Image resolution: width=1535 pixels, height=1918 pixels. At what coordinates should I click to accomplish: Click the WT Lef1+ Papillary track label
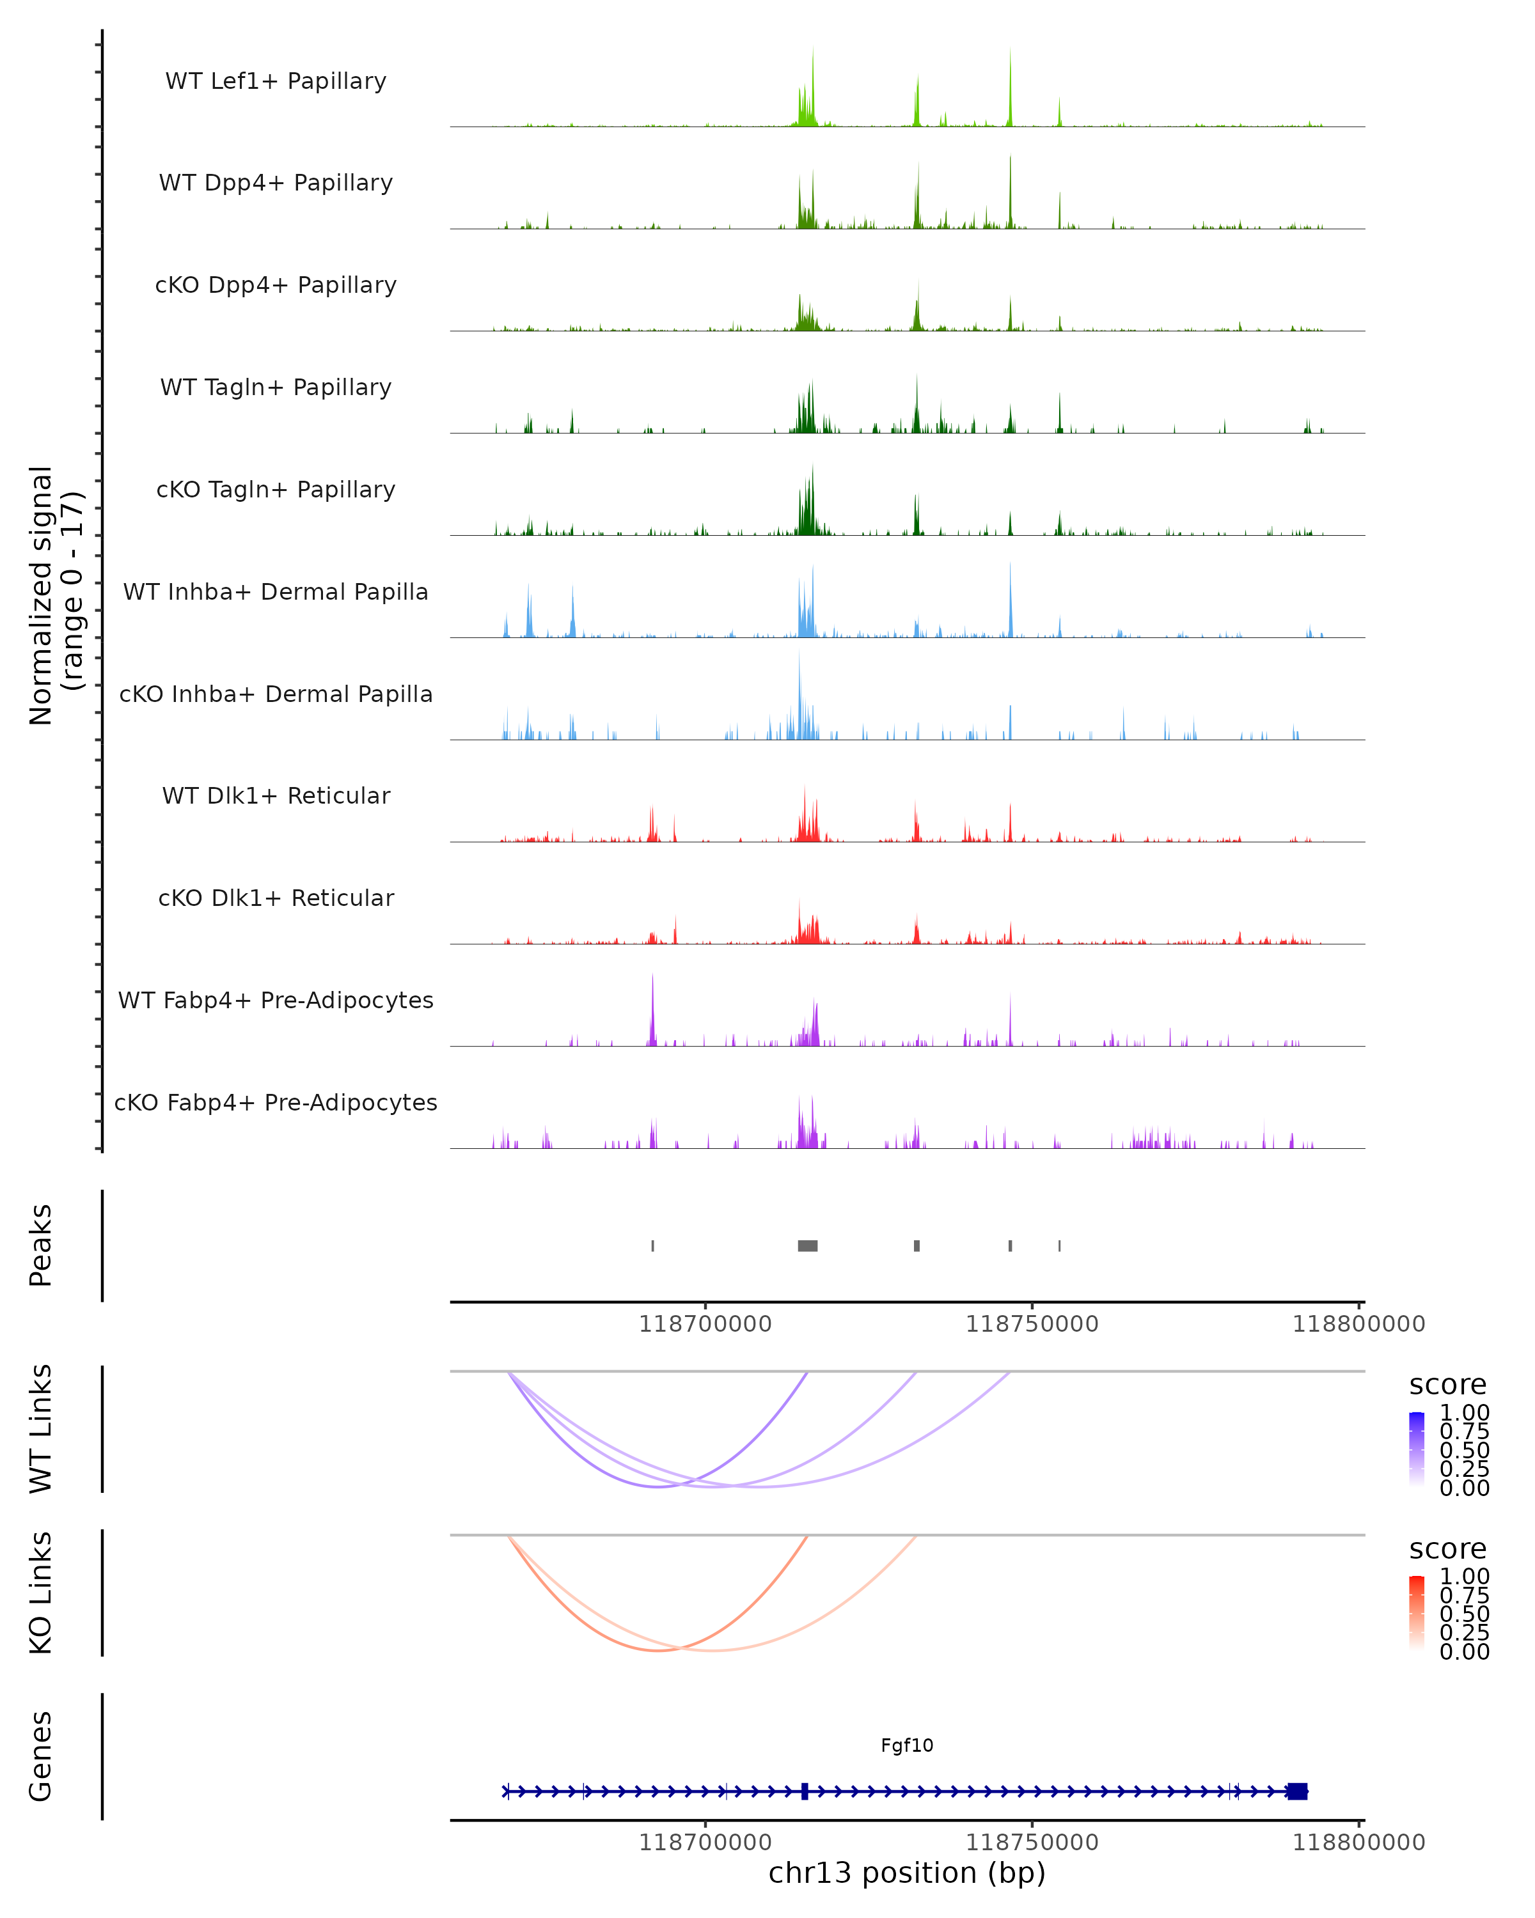coord(276,81)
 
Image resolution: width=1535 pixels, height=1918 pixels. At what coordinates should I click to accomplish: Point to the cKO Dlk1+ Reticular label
coord(276,898)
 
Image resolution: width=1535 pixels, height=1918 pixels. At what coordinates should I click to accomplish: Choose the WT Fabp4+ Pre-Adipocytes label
coord(276,1000)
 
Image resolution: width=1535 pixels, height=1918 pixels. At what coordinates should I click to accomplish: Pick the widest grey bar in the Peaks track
coord(807,1245)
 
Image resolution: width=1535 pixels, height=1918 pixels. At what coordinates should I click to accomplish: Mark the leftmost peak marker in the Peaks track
coord(653,1245)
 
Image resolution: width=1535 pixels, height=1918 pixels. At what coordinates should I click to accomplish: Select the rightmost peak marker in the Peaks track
coord(1059,1245)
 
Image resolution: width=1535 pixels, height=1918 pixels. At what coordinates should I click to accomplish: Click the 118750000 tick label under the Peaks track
coord(1032,1324)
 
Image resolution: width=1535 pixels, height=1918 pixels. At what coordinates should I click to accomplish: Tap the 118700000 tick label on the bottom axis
coord(705,1843)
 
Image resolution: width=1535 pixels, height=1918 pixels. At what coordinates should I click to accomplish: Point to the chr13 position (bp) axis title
coord(907,1873)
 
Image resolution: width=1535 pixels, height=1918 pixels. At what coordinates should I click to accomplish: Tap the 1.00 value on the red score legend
coord(1464,1577)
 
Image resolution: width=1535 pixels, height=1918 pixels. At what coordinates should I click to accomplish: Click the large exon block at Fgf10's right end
coord(1298,1791)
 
